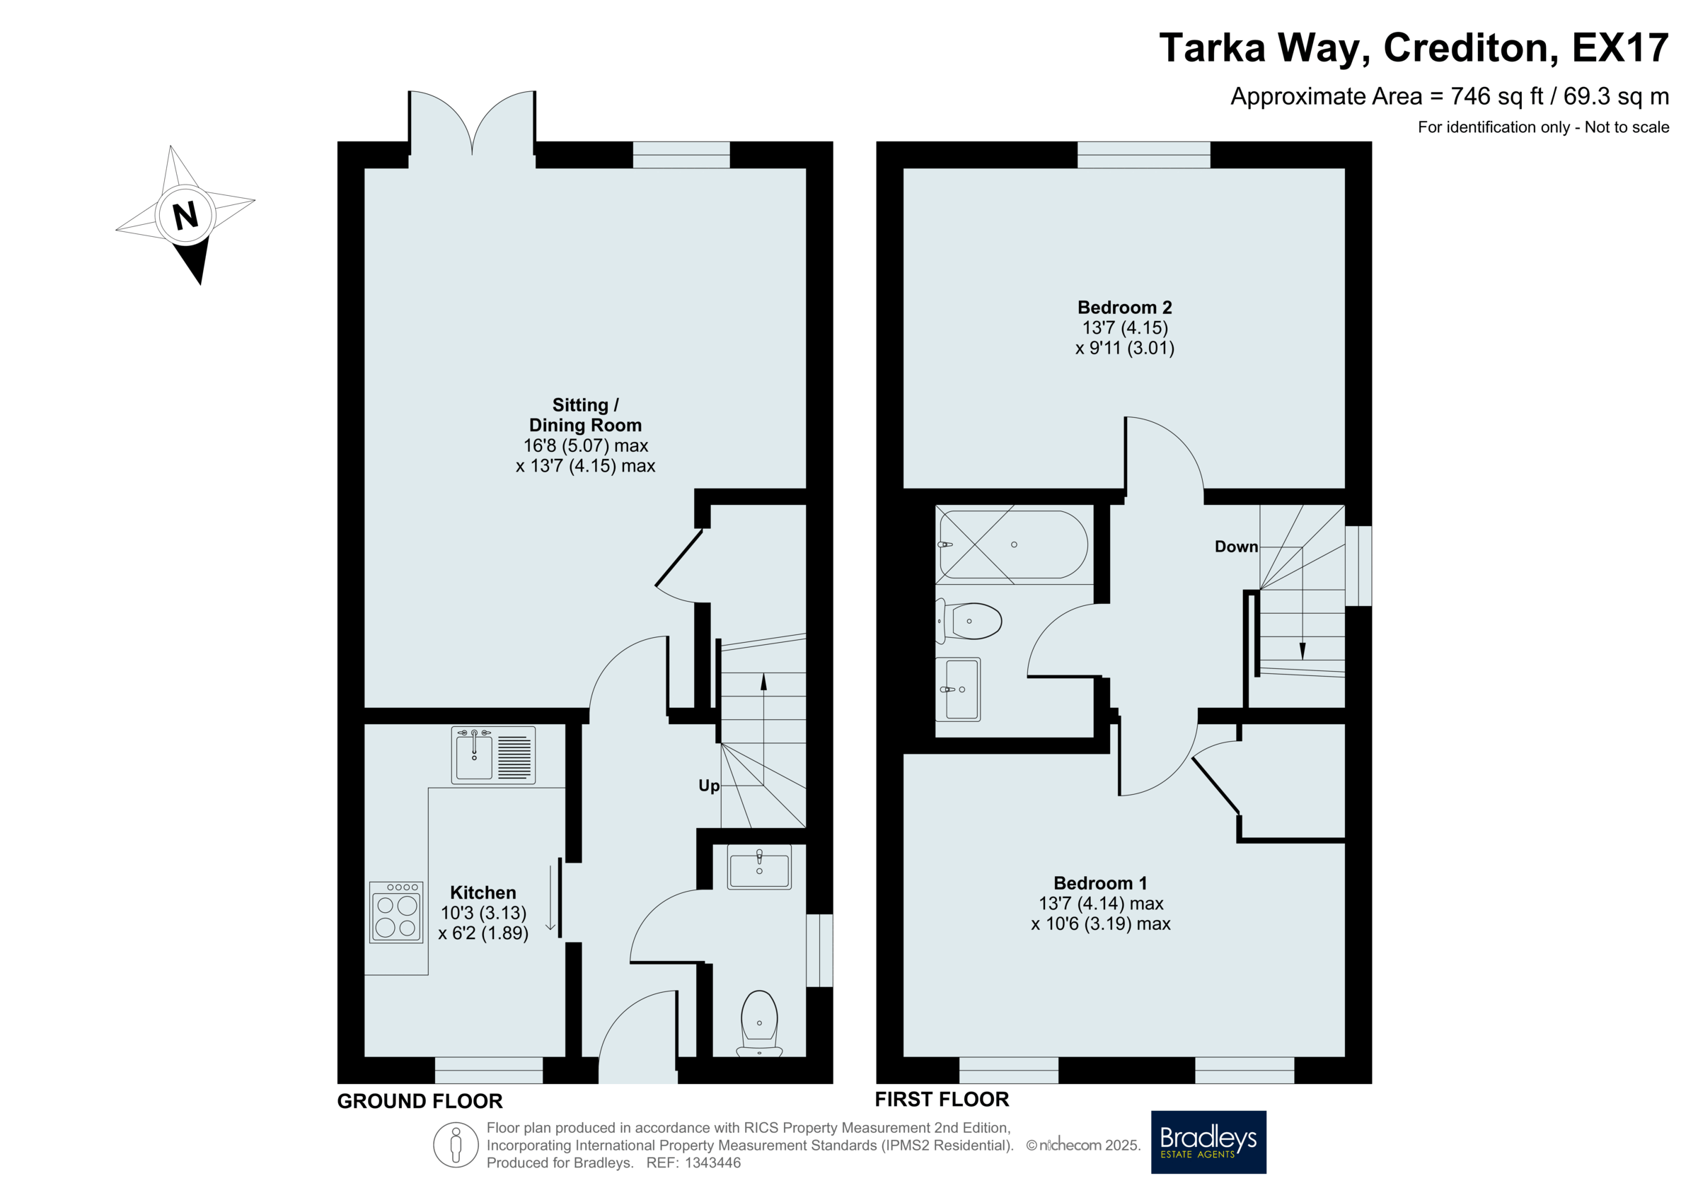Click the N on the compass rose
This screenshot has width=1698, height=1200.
185,216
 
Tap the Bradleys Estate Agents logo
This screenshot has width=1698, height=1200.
1208,1141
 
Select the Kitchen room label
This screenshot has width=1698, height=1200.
483,892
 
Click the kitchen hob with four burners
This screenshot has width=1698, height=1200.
396,912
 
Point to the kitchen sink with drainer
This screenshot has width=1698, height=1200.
493,755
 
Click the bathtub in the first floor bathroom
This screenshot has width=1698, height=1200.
1013,544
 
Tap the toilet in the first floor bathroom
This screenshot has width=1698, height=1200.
969,620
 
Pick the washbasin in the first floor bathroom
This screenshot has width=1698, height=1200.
959,689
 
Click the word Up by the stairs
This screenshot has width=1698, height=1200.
709,786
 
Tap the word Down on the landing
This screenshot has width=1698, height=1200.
1237,547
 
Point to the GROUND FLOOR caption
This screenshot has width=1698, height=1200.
420,1101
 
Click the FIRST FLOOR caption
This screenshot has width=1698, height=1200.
942,1100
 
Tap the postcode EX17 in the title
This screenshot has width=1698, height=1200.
1620,47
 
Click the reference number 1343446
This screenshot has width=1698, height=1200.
713,1163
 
